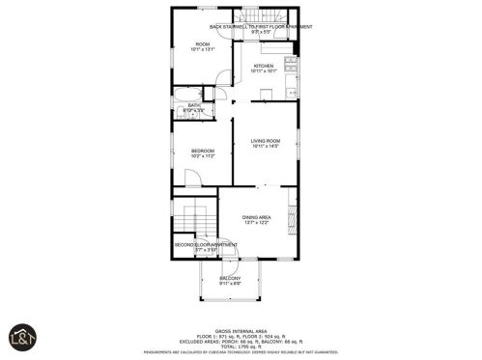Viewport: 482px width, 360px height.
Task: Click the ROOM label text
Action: click(203, 44)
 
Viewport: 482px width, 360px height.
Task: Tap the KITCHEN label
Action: click(264, 66)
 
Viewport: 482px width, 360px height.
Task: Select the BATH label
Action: click(194, 105)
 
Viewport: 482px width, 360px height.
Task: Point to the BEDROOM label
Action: click(202, 151)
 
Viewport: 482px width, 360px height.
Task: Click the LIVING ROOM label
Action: click(265, 141)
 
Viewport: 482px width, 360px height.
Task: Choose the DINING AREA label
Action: click(256, 217)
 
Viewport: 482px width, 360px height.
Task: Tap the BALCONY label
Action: click(230, 278)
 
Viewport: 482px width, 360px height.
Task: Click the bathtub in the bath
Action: click(184, 94)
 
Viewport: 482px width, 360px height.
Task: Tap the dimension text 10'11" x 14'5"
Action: click(265, 147)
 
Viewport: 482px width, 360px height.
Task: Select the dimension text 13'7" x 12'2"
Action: click(256, 223)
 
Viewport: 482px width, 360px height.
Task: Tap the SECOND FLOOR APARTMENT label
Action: click(200, 244)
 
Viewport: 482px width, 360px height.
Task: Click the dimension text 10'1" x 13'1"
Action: click(203, 50)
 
